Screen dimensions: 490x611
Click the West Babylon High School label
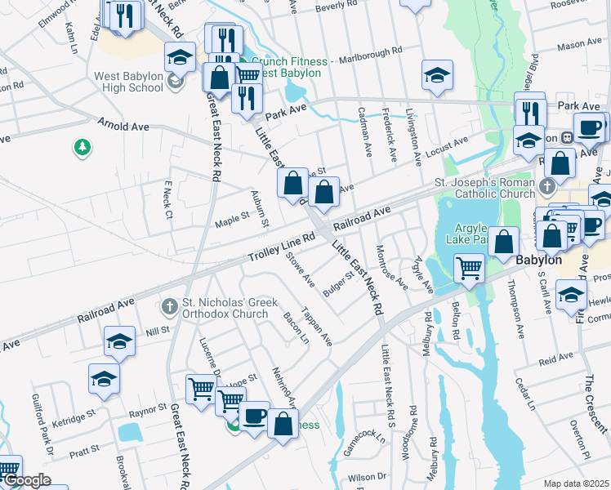pyautogui.click(x=129, y=82)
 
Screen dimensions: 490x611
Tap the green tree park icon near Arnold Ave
pyautogui.click(x=82, y=147)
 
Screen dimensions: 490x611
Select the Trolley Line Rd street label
pyautogui.click(x=281, y=248)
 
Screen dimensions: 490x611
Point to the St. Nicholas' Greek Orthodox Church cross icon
pyautogui.click(x=170, y=308)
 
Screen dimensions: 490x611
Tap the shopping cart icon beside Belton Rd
pyautogui.click(x=469, y=267)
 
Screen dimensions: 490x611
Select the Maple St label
pyautogui.click(x=231, y=219)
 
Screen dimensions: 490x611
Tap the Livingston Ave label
pyautogui.click(x=413, y=131)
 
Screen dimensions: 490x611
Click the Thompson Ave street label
pyautogui.click(x=517, y=309)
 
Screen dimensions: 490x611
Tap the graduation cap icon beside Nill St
pyautogui.click(x=120, y=342)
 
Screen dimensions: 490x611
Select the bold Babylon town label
pyautogui.click(x=538, y=259)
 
